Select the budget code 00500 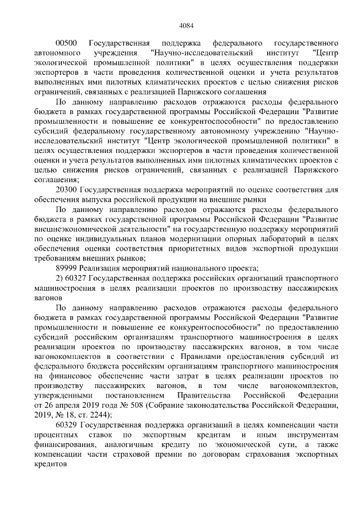(x=66, y=43)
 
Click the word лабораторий (x=268, y=238)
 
